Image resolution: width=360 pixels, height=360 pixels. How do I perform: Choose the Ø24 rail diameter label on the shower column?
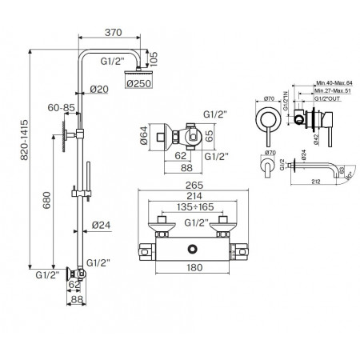coord(102,225)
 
